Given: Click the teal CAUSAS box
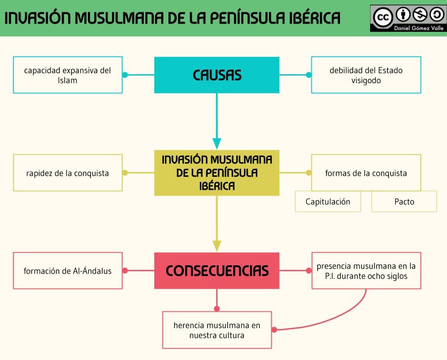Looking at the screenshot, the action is click(217, 75).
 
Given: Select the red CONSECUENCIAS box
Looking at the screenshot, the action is click(217, 270).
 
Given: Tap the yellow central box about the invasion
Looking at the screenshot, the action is click(217, 173).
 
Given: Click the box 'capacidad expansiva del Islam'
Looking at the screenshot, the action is click(68, 75).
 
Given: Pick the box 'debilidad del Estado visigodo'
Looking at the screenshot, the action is click(366, 75).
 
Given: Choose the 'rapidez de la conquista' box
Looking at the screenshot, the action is click(68, 173).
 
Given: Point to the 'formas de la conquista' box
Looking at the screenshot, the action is click(366, 173).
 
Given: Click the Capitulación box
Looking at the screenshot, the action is click(328, 201).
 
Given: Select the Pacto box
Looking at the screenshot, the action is click(404, 201).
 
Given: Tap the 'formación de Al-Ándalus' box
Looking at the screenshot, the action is click(68, 270).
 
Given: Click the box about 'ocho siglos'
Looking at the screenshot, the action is click(366, 270).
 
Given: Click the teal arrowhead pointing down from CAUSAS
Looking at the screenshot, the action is click(217, 143).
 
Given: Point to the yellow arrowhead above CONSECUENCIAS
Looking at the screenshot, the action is click(217, 245).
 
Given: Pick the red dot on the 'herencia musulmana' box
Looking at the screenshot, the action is click(274, 330).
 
